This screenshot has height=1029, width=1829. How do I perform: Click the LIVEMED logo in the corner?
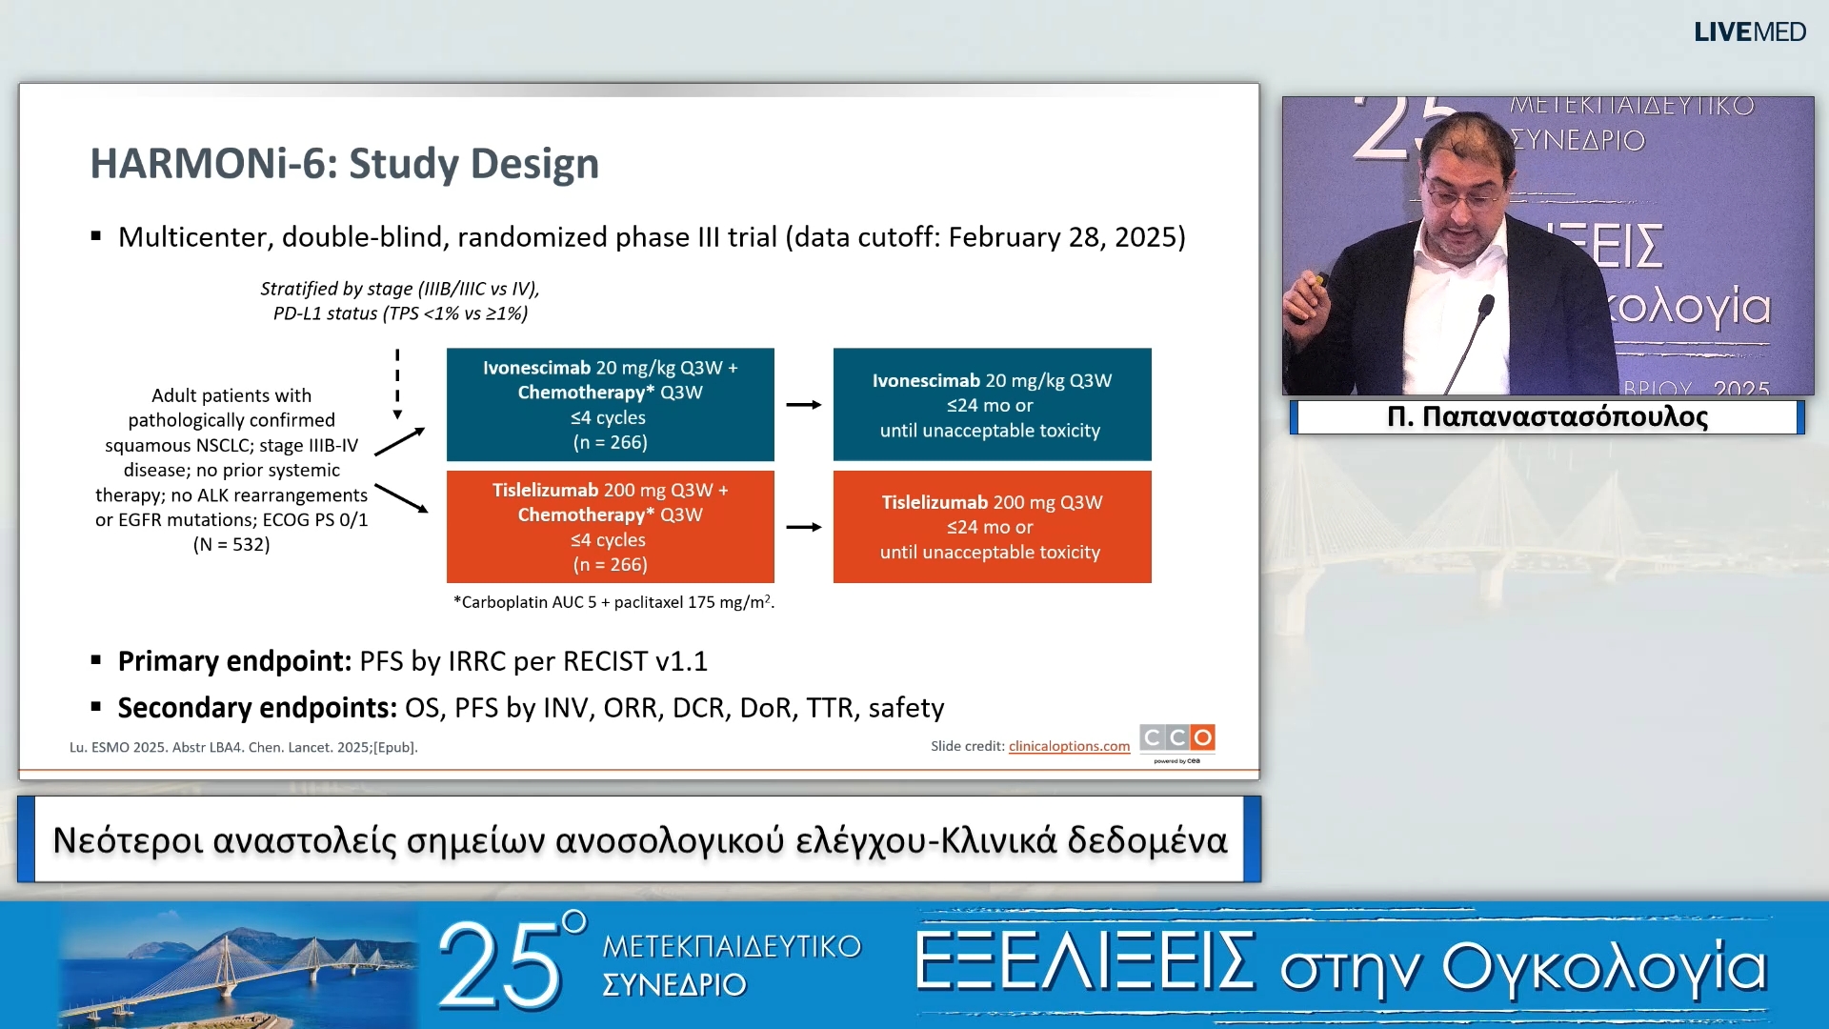1749,31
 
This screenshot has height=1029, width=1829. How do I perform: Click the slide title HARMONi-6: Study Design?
344,164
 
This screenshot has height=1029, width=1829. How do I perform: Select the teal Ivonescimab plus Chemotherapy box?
610,404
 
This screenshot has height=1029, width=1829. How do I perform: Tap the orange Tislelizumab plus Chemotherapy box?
610,526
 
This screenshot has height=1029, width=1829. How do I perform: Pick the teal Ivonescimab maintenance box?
992,404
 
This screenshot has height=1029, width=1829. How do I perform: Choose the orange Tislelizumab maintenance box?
992,526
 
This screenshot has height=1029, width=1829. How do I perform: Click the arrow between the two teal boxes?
804,405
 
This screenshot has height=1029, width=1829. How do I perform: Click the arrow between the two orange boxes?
804,527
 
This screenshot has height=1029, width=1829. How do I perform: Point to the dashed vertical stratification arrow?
397,385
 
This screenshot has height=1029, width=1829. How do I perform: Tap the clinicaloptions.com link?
1069,746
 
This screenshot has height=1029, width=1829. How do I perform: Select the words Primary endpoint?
234,661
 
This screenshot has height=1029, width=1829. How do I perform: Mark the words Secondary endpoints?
257,708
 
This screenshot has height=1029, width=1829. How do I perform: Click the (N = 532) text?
231,544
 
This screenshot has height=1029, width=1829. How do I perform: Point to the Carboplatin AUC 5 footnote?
613,602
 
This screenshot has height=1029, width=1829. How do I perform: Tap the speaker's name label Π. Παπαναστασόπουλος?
1547,416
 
